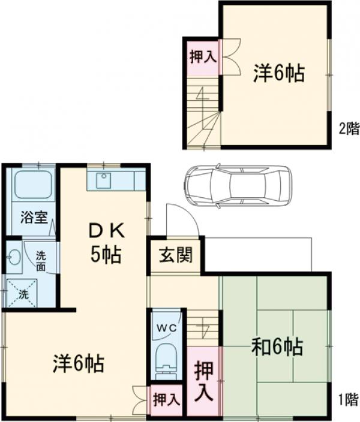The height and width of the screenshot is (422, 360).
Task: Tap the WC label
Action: pyautogui.click(x=167, y=327)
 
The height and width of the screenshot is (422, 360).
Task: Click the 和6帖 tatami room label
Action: pyautogui.click(x=277, y=346)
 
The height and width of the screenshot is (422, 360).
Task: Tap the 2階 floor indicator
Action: pyautogui.click(x=349, y=127)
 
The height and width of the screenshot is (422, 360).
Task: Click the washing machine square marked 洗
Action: pyautogui.click(x=22, y=294)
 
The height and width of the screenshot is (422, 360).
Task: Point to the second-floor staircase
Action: pyautogui.click(x=203, y=114)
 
